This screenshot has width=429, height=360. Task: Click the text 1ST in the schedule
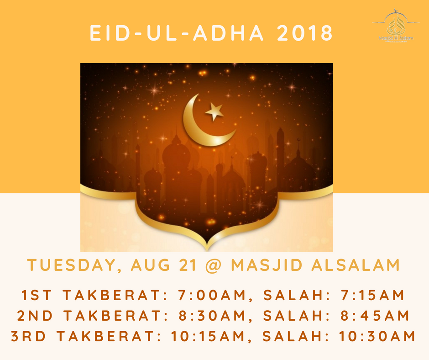[x=35, y=295]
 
